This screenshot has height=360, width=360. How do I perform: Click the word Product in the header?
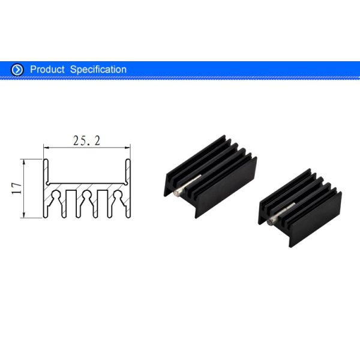pyautogui.click(x=47, y=70)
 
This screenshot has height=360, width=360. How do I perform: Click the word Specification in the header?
pyautogui.click(x=98, y=70)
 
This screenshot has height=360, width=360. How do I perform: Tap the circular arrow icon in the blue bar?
pyautogui.click(x=18, y=70)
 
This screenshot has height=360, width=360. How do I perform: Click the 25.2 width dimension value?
pyautogui.click(x=86, y=141)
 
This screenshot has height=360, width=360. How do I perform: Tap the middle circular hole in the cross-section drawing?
pyautogui.click(x=87, y=196)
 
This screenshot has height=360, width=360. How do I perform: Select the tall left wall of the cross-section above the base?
pyautogui.click(x=45, y=171)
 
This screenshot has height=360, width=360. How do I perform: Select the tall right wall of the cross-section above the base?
pyautogui.click(x=128, y=171)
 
